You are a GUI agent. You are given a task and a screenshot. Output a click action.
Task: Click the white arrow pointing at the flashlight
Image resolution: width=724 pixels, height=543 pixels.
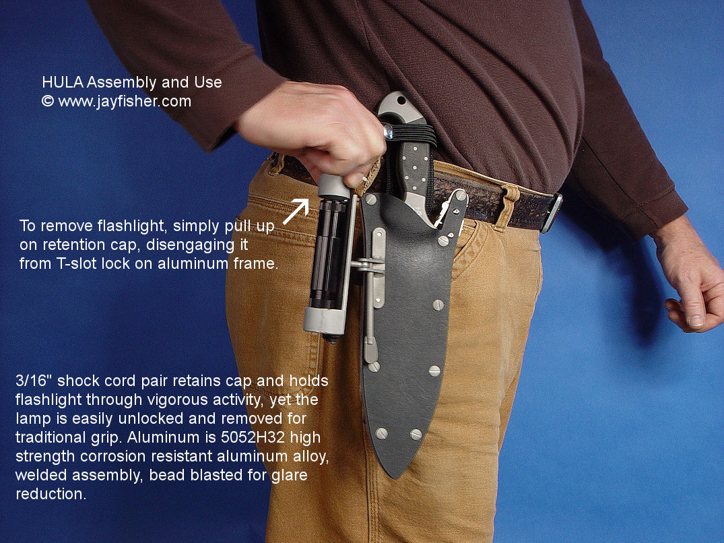pos(296,212)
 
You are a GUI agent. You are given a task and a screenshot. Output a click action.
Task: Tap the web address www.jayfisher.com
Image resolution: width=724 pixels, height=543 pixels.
pos(125,101)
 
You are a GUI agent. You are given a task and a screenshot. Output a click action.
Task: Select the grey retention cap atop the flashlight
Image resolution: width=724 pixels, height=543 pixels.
pos(333,186)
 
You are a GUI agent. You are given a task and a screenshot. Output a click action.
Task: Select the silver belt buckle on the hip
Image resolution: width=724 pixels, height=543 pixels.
pos(552,212)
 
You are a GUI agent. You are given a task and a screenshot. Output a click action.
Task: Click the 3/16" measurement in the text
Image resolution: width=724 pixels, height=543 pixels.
pos(34,381)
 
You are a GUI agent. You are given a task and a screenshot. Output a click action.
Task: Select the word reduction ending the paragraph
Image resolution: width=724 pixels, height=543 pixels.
pos(51,494)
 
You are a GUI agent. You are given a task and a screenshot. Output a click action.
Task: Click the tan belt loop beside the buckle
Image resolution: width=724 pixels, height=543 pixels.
pos(506,207)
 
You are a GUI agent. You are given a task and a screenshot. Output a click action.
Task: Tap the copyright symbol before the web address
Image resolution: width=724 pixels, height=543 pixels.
pos(48,101)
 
